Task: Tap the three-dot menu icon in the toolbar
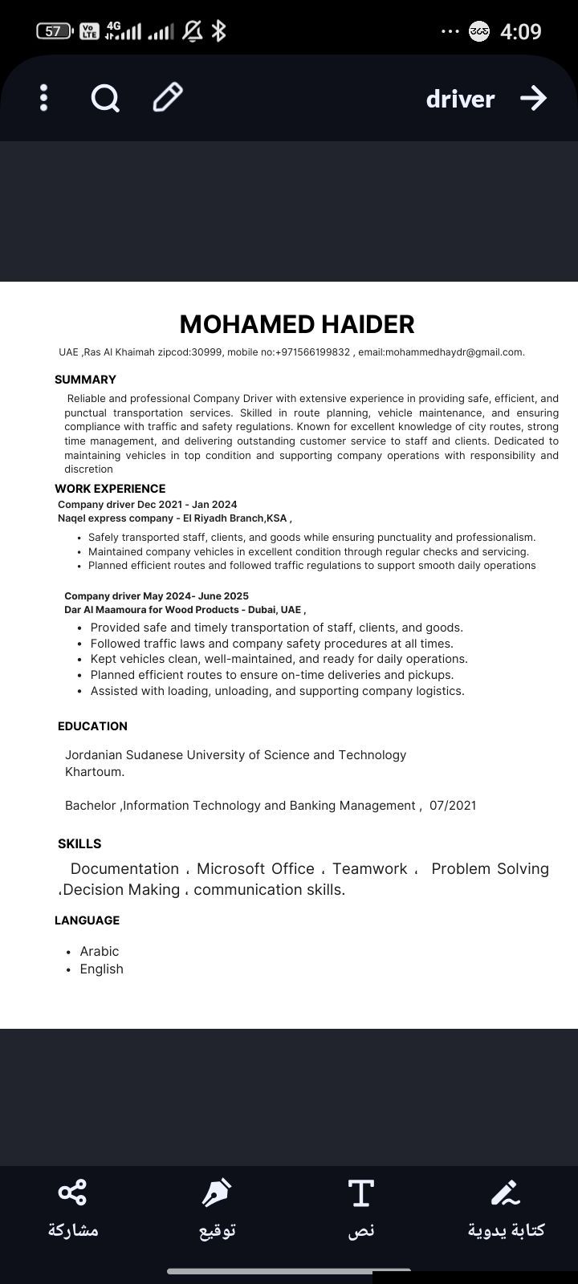pos(44,98)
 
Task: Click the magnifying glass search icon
pos(105,99)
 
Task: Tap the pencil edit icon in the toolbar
pos(168,98)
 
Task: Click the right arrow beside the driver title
pos(533,98)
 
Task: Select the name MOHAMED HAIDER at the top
pos(297,324)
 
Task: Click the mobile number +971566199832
pos(312,352)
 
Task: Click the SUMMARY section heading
pos(85,380)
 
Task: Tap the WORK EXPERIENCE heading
pos(110,489)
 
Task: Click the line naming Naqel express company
pos(174,518)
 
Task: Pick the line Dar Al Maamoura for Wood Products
pos(185,610)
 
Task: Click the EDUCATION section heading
pos(92,726)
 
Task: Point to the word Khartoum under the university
pos(94,772)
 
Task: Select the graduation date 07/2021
pos(453,806)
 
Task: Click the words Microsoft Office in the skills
pos(255,869)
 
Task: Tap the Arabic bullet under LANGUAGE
pos(99,952)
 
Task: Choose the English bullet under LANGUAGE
pos(101,969)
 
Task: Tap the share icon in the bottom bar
pos(72,1193)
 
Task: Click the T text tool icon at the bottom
pos(361,1193)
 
